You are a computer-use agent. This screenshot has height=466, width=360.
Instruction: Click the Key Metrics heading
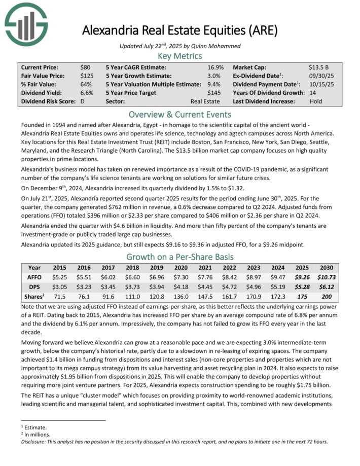pos(180,56)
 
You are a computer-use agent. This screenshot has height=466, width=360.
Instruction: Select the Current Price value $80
pos(85,67)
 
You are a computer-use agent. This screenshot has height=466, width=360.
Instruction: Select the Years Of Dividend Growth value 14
pos(313,93)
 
